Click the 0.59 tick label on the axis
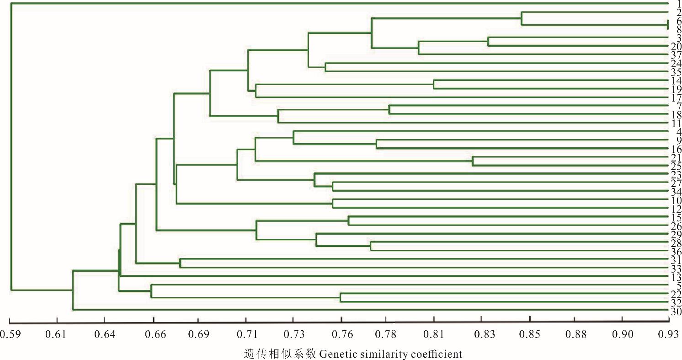(10, 334)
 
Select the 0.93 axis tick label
(668, 334)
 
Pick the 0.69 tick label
(198, 334)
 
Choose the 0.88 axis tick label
(575, 334)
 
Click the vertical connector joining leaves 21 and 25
(473, 161)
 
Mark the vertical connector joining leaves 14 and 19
(434, 84)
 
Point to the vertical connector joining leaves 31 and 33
(180, 263)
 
